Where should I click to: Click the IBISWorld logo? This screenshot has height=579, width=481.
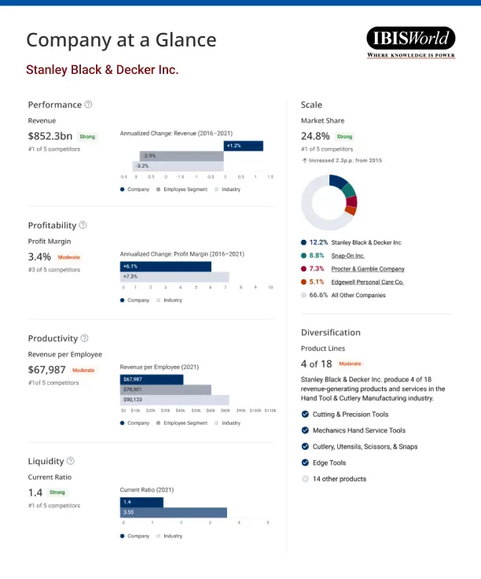point(410,42)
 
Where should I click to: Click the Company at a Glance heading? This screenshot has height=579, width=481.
point(121,40)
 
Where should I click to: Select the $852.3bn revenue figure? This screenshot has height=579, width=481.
point(50,136)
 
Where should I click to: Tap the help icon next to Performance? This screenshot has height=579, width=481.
point(88,105)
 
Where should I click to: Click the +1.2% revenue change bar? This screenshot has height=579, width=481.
point(243,146)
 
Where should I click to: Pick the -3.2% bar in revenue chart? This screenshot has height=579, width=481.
point(178,166)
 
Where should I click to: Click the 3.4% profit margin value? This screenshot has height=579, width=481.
point(39,256)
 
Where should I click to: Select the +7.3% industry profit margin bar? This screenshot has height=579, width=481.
point(174,277)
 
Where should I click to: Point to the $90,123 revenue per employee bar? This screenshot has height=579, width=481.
point(174,400)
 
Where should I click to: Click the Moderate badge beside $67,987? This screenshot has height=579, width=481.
point(83,370)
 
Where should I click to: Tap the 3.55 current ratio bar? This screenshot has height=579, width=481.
point(174,513)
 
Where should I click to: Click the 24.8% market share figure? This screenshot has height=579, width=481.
point(316,136)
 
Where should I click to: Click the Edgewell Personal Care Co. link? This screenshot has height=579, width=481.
point(367,282)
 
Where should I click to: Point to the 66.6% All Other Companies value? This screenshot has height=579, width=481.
point(318,295)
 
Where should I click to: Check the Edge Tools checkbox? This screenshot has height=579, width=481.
point(305,463)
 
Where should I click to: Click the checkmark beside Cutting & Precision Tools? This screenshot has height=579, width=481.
point(305,414)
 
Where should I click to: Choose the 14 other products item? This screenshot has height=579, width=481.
point(339,479)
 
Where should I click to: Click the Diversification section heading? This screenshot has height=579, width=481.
point(330,332)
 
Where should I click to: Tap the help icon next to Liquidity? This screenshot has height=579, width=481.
point(71,461)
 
